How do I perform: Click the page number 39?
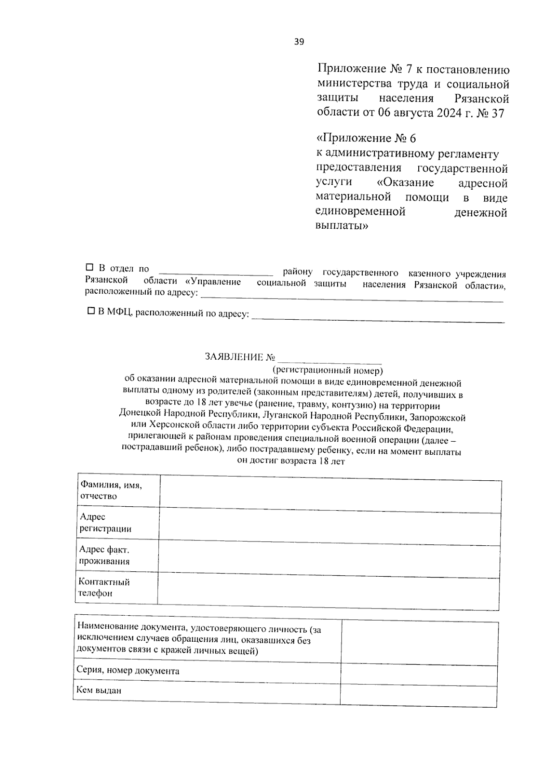tap(299, 42)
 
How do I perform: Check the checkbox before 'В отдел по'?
tap(89, 268)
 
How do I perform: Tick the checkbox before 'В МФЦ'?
tap(91, 310)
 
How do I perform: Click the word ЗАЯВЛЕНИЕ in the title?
tap(234, 357)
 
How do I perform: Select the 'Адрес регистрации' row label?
tap(106, 523)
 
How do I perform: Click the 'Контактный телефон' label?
tap(104, 587)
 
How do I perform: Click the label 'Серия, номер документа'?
tap(128, 671)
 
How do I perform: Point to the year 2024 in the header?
tap(448, 113)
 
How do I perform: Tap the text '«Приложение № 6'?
tap(367, 138)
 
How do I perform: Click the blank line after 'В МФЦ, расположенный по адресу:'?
tap(378, 318)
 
